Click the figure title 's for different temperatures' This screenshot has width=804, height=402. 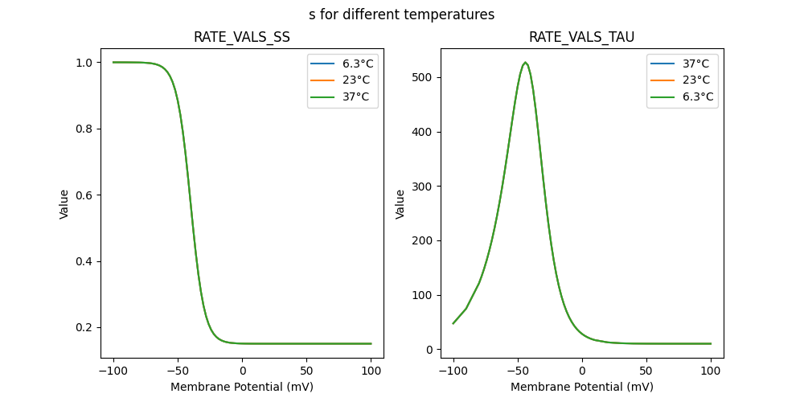tap(401, 14)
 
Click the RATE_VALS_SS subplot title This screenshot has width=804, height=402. tap(241, 38)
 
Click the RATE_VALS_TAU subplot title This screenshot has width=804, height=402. tap(581, 38)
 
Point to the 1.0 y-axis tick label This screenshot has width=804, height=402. tap(83, 63)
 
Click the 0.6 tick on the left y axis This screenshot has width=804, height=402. tap(83, 195)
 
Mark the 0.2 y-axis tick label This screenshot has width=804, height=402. tap(83, 328)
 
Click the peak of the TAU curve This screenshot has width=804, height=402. tap(525, 63)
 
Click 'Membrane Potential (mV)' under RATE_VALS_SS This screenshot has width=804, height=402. tap(242, 387)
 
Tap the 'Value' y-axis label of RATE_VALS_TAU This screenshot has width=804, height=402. tap(400, 204)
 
